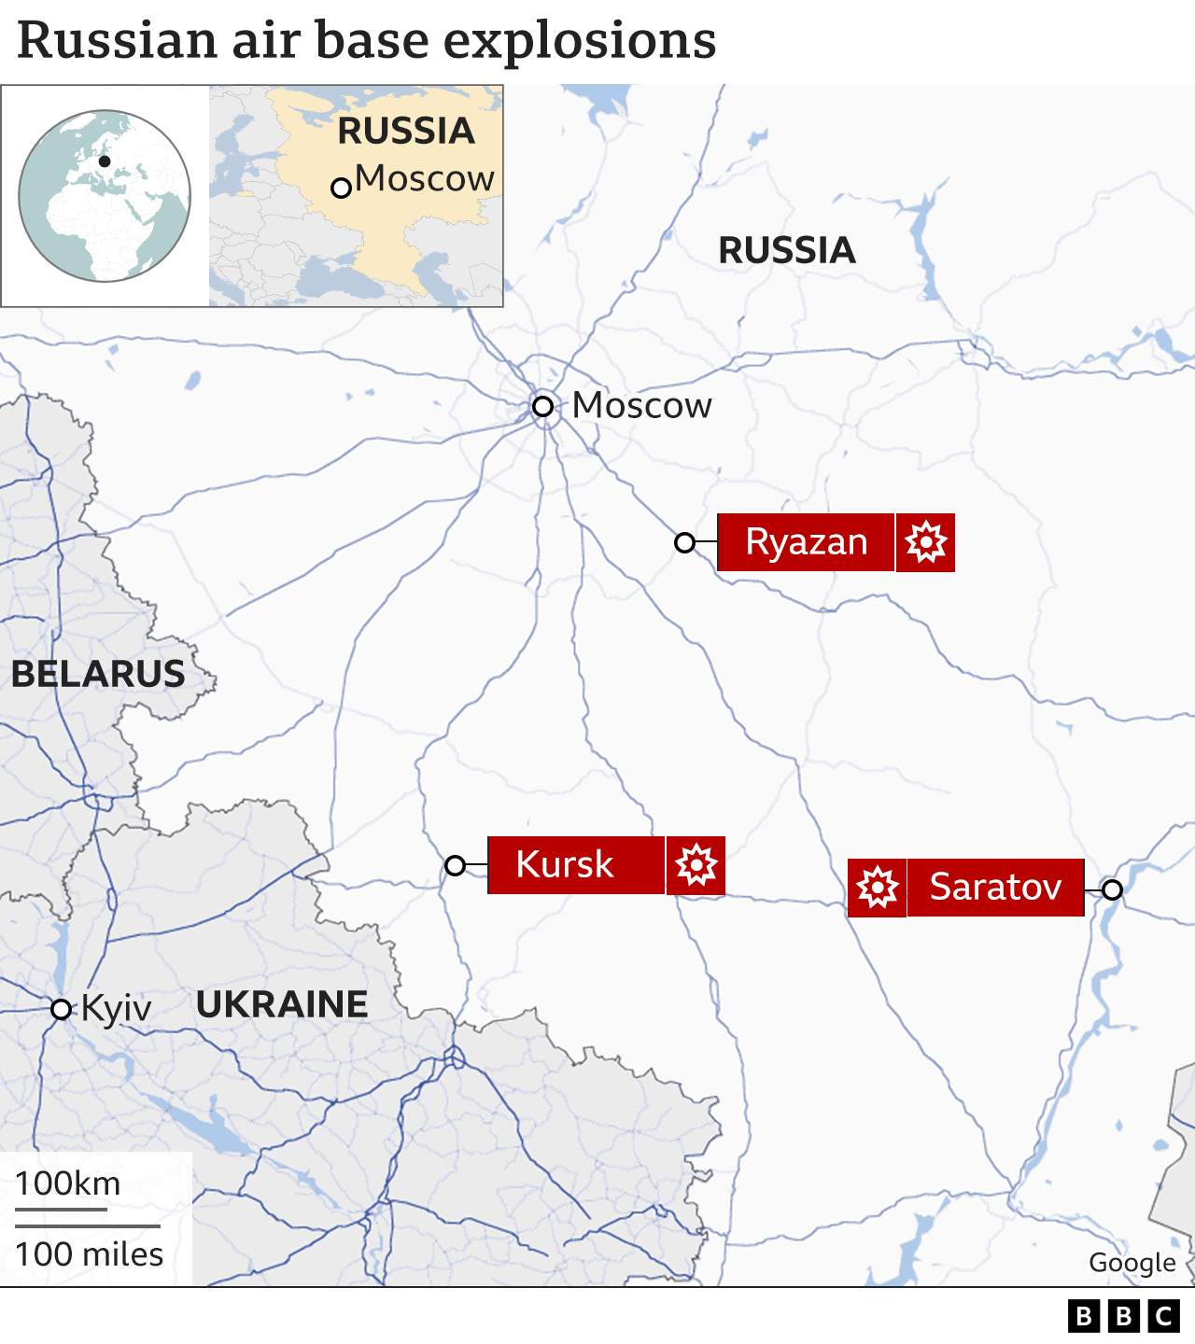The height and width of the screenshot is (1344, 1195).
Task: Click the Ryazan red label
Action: pyautogui.click(x=806, y=542)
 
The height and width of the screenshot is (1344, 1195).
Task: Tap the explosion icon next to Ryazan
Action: pyautogui.click(x=925, y=542)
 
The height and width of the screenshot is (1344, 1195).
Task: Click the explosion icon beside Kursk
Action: pyautogui.click(x=696, y=865)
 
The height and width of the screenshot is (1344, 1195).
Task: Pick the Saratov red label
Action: pyautogui.click(x=995, y=888)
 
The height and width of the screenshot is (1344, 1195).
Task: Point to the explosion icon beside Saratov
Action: pyautogui.click(x=878, y=888)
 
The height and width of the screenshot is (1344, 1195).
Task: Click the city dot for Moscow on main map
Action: pyautogui.click(x=543, y=406)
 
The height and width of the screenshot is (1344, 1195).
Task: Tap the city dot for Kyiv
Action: pyautogui.click(x=62, y=1009)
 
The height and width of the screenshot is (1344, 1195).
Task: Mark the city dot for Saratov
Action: pyautogui.click(x=1112, y=889)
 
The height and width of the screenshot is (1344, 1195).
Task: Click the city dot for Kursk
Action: pyautogui.click(x=456, y=865)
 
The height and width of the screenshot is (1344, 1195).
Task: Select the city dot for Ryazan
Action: pyautogui.click(x=685, y=542)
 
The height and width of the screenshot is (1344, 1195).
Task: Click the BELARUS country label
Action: pyautogui.click(x=98, y=674)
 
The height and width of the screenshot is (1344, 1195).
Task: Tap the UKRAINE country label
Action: pyautogui.click(x=282, y=1004)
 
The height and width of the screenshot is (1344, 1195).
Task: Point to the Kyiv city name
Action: pyautogui.click(x=117, y=1009)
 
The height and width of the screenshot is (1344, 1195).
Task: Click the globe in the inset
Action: pyautogui.click(x=105, y=196)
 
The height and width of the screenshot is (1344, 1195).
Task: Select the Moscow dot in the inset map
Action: pyautogui.click(x=342, y=188)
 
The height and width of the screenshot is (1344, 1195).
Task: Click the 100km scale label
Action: pyautogui.click(x=68, y=1183)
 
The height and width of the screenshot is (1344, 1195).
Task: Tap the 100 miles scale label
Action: pyautogui.click(x=90, y=1254)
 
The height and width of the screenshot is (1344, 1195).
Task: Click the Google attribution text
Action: pyautogui.click(x=1132, y=1263)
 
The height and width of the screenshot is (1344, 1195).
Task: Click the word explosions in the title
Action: pyautogui.click(x=580, y=40)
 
